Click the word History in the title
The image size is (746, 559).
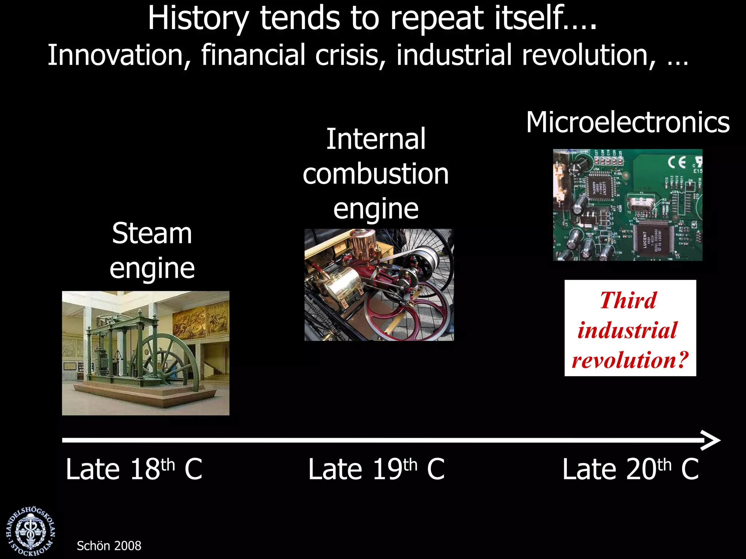198,19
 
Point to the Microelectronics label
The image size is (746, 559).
628,123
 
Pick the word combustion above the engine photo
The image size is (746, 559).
376,174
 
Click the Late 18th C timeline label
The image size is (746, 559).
134,469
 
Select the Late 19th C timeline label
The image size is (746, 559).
376,469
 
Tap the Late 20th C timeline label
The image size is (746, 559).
630,469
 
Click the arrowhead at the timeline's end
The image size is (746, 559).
712,440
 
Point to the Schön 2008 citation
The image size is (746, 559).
109,546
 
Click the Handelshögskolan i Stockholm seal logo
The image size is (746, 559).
31,531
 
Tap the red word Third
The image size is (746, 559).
628,301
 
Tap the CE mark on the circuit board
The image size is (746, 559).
677,162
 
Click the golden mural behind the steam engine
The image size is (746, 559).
199,320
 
